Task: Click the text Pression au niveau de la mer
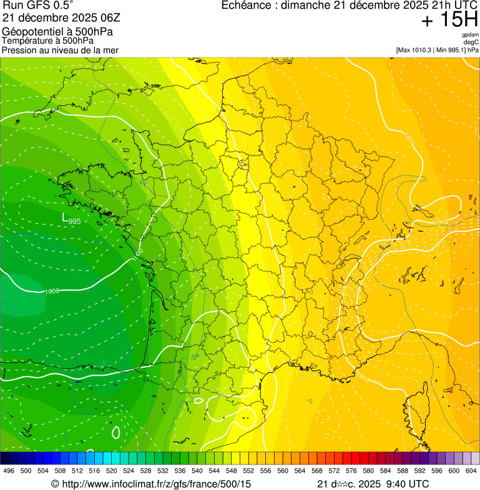pos(60,50)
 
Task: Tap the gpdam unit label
pos(470,35)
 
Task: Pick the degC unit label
pos(471,42)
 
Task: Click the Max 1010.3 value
pos(416,50)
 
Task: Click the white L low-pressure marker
pos(65,218)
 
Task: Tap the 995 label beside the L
pos(75,221)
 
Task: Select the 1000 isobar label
pos(52,291)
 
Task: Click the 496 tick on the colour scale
pos(9,471)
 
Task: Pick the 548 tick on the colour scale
pos(232,471)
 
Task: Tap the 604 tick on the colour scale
pos(471,471)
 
